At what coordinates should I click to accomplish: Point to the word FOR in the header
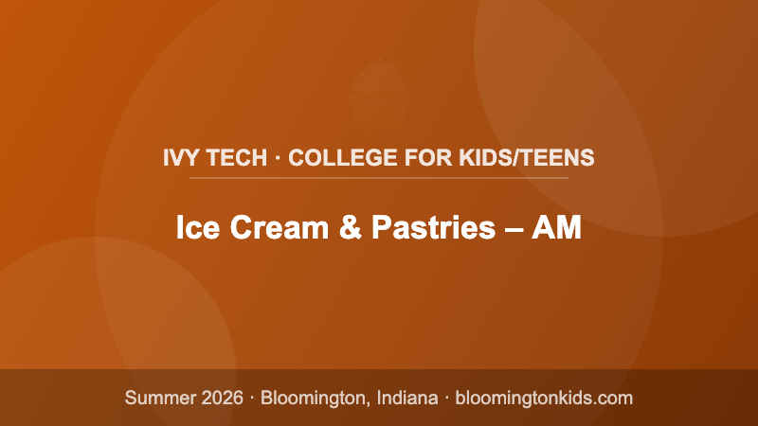click(x=405, y=157)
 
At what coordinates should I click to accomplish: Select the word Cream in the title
click(x=268, y=228)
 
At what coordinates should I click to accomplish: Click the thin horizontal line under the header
click(x=379, y=177)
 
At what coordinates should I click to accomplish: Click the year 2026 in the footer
click(x=221, y=398)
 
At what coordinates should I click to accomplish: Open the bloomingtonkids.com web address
click(x=544, y=398)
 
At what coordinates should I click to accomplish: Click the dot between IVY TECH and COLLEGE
click(x=278, y=157)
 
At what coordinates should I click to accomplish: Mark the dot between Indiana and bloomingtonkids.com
click(x=445, y=398)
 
